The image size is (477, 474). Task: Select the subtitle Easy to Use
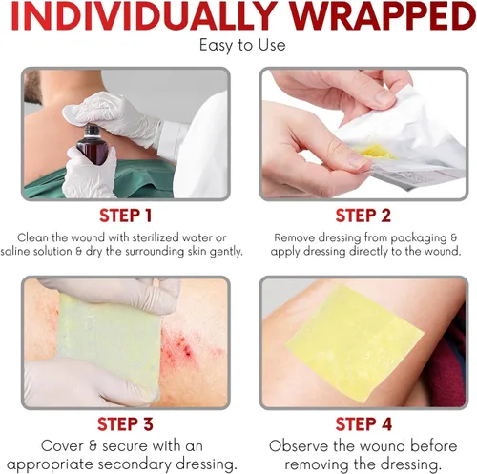[242, 45]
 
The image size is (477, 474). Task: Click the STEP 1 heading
[126, 216]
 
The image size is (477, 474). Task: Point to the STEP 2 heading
[363, 216]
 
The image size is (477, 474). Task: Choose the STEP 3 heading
[125, 424]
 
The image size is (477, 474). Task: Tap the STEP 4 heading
[363, 424]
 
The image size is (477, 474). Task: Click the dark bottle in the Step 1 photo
[90, 145]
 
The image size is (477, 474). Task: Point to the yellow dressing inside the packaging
[379, 153]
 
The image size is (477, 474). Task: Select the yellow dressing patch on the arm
[355, 343]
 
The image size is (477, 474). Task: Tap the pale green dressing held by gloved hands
[109, 345]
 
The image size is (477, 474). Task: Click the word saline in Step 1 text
[15, 251]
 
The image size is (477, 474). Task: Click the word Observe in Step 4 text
[299, 446]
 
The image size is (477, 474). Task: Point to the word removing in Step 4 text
[318, 465]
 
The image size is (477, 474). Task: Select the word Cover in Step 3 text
[62, 446]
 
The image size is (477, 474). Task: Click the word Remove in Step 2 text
[295, 237]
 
